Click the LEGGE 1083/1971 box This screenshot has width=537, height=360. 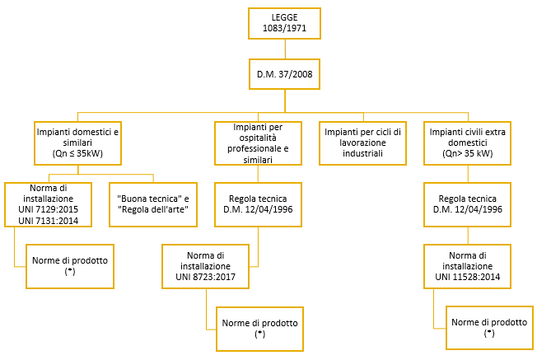click(x=284, y=23)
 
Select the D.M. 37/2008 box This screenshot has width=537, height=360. click(x=284, y=74)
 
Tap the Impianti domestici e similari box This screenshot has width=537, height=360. click(x=77, y=143)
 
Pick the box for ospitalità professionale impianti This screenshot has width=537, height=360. click(x=258, y=143)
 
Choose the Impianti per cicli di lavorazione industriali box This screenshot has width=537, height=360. click(x=362, y=143)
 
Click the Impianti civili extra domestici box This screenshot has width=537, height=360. click(x=468, y=143)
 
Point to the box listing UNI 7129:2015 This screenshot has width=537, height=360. click(x=49, y=204)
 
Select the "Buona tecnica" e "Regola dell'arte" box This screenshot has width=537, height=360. click(x=153, y=204)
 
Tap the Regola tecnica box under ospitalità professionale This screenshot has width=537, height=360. click(x=258, y=204)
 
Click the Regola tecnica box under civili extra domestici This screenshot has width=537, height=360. click(x=468, y=204)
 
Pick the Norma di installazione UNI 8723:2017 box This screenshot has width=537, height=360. click(x=205, y=266)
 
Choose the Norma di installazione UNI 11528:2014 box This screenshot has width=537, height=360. click(x=468, y=266)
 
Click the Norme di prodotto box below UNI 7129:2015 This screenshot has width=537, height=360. click(x=70, y=266)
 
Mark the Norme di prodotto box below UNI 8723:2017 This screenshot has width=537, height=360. click(x=259, y=329)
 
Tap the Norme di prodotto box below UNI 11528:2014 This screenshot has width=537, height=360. click(x=489, y=328)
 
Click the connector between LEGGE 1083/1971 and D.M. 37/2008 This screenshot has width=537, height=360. click(x=285, y=49)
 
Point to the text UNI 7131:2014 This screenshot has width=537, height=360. click(x=49, y=221)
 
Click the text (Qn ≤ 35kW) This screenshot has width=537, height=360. click(x=77, y=153)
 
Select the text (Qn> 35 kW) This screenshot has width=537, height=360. click(x=468, y=153)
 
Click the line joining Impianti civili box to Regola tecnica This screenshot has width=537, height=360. click(x=468, y=174)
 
